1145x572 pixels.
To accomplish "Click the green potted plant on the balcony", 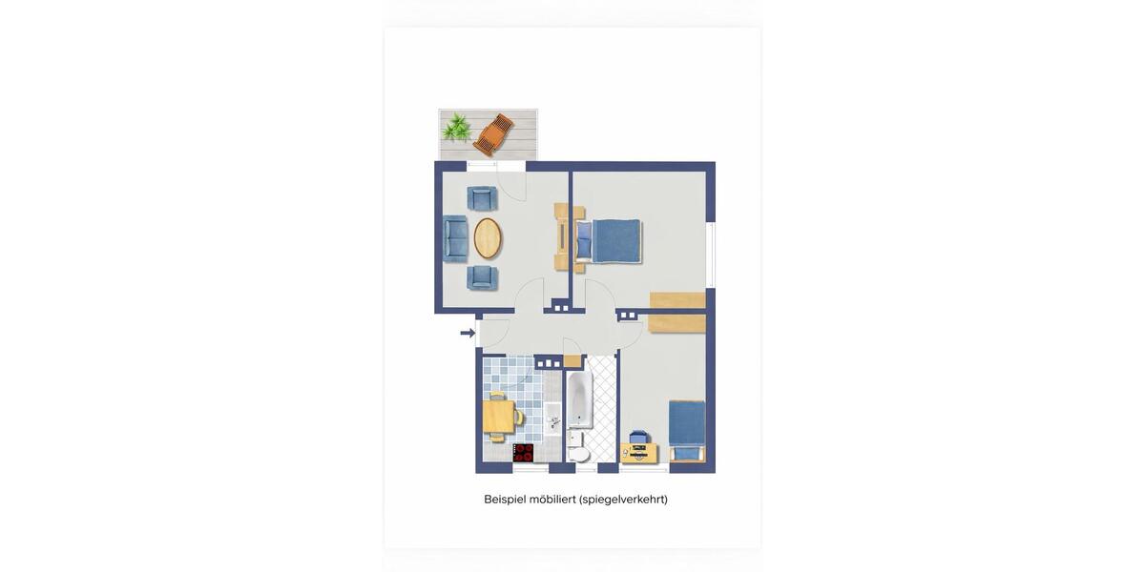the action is click(456, 128).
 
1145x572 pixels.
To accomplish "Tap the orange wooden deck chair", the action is click(494, 134).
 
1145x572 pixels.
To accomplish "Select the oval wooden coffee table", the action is click(488, 238).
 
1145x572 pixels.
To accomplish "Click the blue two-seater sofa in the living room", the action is click(455, 238).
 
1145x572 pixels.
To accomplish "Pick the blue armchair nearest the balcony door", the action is click(482, 198).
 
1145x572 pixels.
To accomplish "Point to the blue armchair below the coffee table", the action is click(482, 277).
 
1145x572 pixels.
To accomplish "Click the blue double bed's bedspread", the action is click(616, 241).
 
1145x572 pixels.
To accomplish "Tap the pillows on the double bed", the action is click(584, 241).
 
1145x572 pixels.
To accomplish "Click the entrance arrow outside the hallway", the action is click(468, 333).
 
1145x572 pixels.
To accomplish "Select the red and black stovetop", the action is click(523, 453).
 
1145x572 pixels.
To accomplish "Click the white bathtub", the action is click(580, 399).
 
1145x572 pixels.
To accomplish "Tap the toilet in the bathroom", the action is click(579, 454).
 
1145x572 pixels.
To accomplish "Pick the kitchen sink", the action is click(553, 419).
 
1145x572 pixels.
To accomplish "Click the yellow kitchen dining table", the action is click(499, 417).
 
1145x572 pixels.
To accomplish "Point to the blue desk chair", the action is click(638, 438).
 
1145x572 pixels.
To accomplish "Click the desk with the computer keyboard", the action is click(639, 454).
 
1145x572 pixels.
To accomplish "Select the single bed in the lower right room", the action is click(688, 432).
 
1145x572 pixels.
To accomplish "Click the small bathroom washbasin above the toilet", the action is click(575, 439).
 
